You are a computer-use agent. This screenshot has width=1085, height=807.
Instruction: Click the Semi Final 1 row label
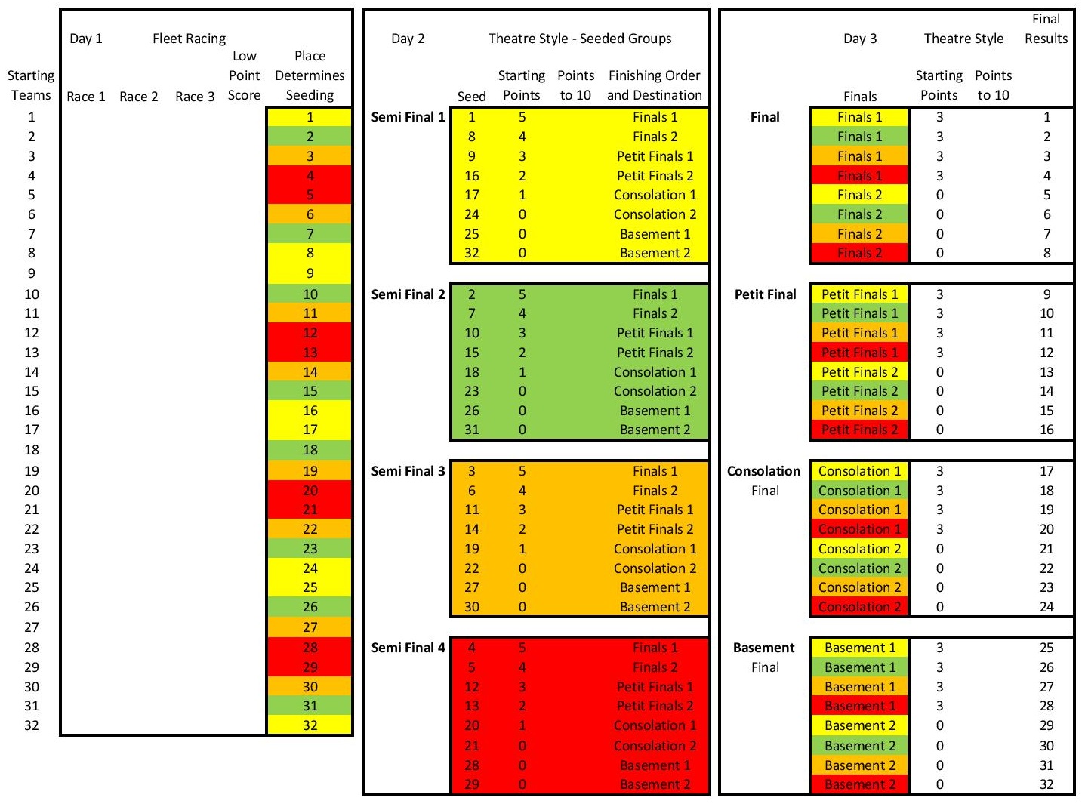(x=408, y=117)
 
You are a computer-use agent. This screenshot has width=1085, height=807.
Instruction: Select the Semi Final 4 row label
(x=408, y=648)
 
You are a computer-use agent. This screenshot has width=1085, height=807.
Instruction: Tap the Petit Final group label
(x=765, y=294)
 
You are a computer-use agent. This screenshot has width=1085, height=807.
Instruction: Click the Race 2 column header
(x=139, y=96)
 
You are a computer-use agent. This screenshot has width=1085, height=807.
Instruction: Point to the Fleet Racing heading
(x=189, y=39)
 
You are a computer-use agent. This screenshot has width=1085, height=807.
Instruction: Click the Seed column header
(x=471, y=96)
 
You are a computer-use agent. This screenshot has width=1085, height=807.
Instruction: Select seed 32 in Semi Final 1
(x=471, y=253)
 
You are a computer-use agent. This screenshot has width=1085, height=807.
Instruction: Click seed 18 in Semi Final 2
(x=471, y=372)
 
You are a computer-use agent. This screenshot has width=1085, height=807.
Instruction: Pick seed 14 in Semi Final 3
(x=471, y=529)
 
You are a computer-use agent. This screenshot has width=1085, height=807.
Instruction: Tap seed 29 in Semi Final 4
(x=471, y=784)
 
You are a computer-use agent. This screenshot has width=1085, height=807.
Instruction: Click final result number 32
(x=1046, y=784)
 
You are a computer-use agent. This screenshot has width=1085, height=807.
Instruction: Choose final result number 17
(x=1046, y=471)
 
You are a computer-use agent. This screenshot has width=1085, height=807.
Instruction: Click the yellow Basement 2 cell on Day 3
(x=859, y=725)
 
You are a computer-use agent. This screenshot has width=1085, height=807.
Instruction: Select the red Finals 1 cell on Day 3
(x=859, y=176)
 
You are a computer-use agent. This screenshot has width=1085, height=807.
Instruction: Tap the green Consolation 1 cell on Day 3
(x=859, y=491)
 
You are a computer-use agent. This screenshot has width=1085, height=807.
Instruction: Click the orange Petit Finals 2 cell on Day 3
(x=859, y=411)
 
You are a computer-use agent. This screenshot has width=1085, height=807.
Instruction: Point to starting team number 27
(x=32, y=627)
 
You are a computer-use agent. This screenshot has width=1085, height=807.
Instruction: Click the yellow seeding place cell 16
(x=310, y=411)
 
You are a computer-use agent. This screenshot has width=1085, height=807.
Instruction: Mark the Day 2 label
(x=408, y=39)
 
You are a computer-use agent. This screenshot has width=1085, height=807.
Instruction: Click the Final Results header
(x=1046, y=29)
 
